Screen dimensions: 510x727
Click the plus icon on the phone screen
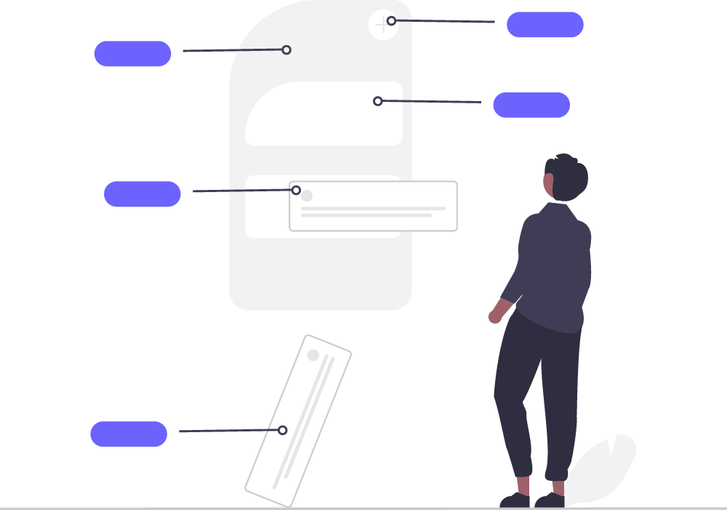point(382,25)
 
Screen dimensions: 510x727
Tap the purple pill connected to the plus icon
point(545,25)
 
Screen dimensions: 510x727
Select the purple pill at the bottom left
point(129,434)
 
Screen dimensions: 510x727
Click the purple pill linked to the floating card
point(142,194)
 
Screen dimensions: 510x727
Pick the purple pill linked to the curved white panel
point(531,105)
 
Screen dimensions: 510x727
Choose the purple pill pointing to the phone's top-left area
point(132,54)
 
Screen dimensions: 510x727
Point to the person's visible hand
point(495,316)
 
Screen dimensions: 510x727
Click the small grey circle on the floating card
point(307,196)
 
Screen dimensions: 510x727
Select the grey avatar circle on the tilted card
point(313,355)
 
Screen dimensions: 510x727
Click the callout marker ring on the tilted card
point(282,430)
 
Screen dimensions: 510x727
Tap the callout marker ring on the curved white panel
point(377,101)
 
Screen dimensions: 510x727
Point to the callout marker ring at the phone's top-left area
point(286,50)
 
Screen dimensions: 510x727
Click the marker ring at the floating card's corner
point(296,190)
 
